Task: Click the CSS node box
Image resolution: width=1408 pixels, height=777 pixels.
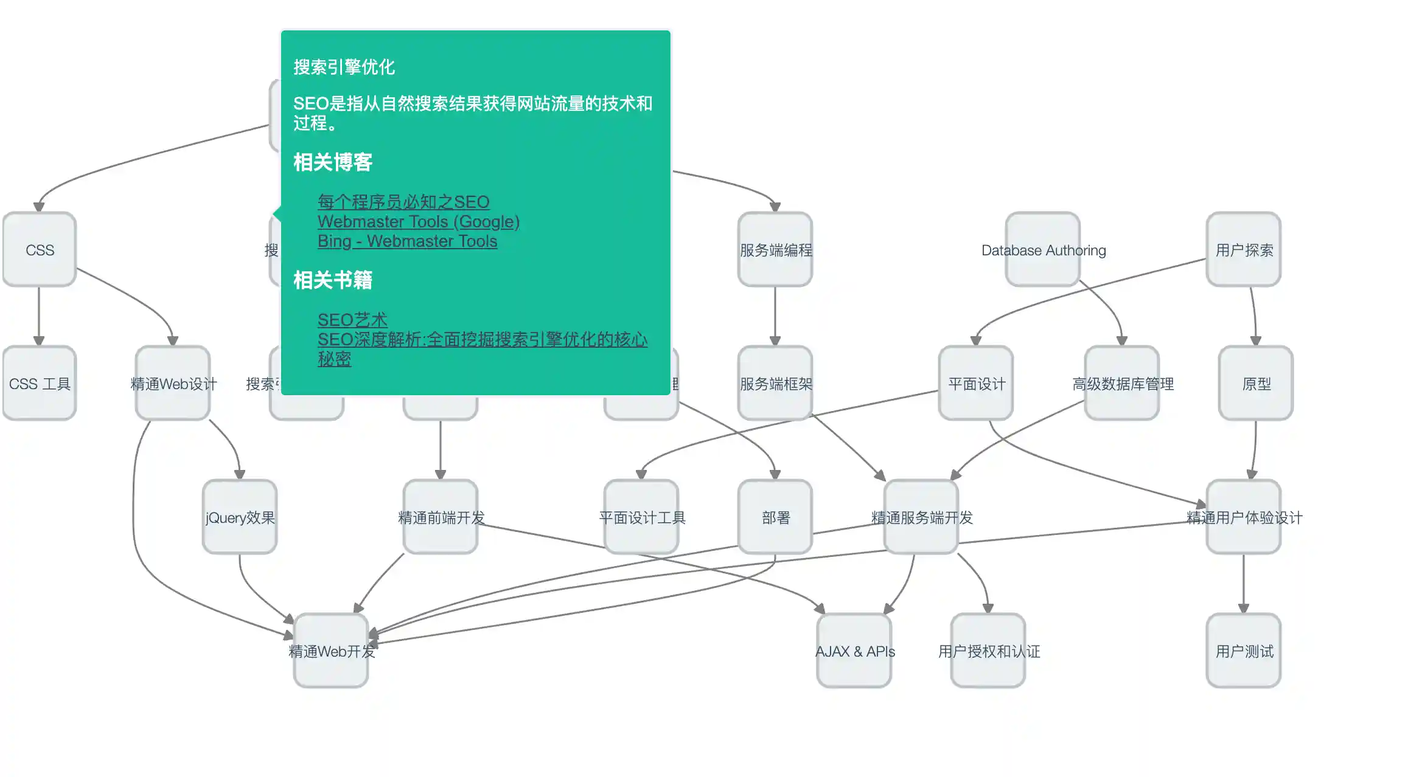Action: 40,249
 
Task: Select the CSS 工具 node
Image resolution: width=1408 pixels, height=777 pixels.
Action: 40,383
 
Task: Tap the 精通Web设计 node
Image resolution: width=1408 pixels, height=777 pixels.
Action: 173,383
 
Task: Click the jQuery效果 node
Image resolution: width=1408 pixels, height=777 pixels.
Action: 240,517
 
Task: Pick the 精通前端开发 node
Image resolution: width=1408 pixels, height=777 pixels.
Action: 441,517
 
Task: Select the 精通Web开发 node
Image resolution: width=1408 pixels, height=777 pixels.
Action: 331,651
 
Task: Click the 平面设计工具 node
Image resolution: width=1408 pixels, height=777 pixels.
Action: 641,517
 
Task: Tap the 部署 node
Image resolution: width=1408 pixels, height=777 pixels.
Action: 775,517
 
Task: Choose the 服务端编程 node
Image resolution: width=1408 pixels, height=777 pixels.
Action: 775,249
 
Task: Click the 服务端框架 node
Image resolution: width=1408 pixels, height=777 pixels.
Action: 775,383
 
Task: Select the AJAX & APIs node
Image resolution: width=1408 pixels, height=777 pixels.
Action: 854,651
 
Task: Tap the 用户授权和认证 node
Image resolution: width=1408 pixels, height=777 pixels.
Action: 988,651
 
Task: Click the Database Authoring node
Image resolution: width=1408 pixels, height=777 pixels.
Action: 1043,249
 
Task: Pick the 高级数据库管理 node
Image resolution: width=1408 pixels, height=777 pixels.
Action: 1122,383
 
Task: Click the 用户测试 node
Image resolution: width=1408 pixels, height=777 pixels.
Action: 1244,651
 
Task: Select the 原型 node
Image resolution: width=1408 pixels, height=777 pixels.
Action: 1256,383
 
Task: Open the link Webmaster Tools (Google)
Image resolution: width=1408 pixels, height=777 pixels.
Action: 418,221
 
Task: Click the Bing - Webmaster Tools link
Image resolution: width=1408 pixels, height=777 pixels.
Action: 407,241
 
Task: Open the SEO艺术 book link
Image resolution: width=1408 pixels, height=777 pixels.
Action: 352,320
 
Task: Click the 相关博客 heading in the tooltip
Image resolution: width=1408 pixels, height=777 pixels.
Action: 332,162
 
